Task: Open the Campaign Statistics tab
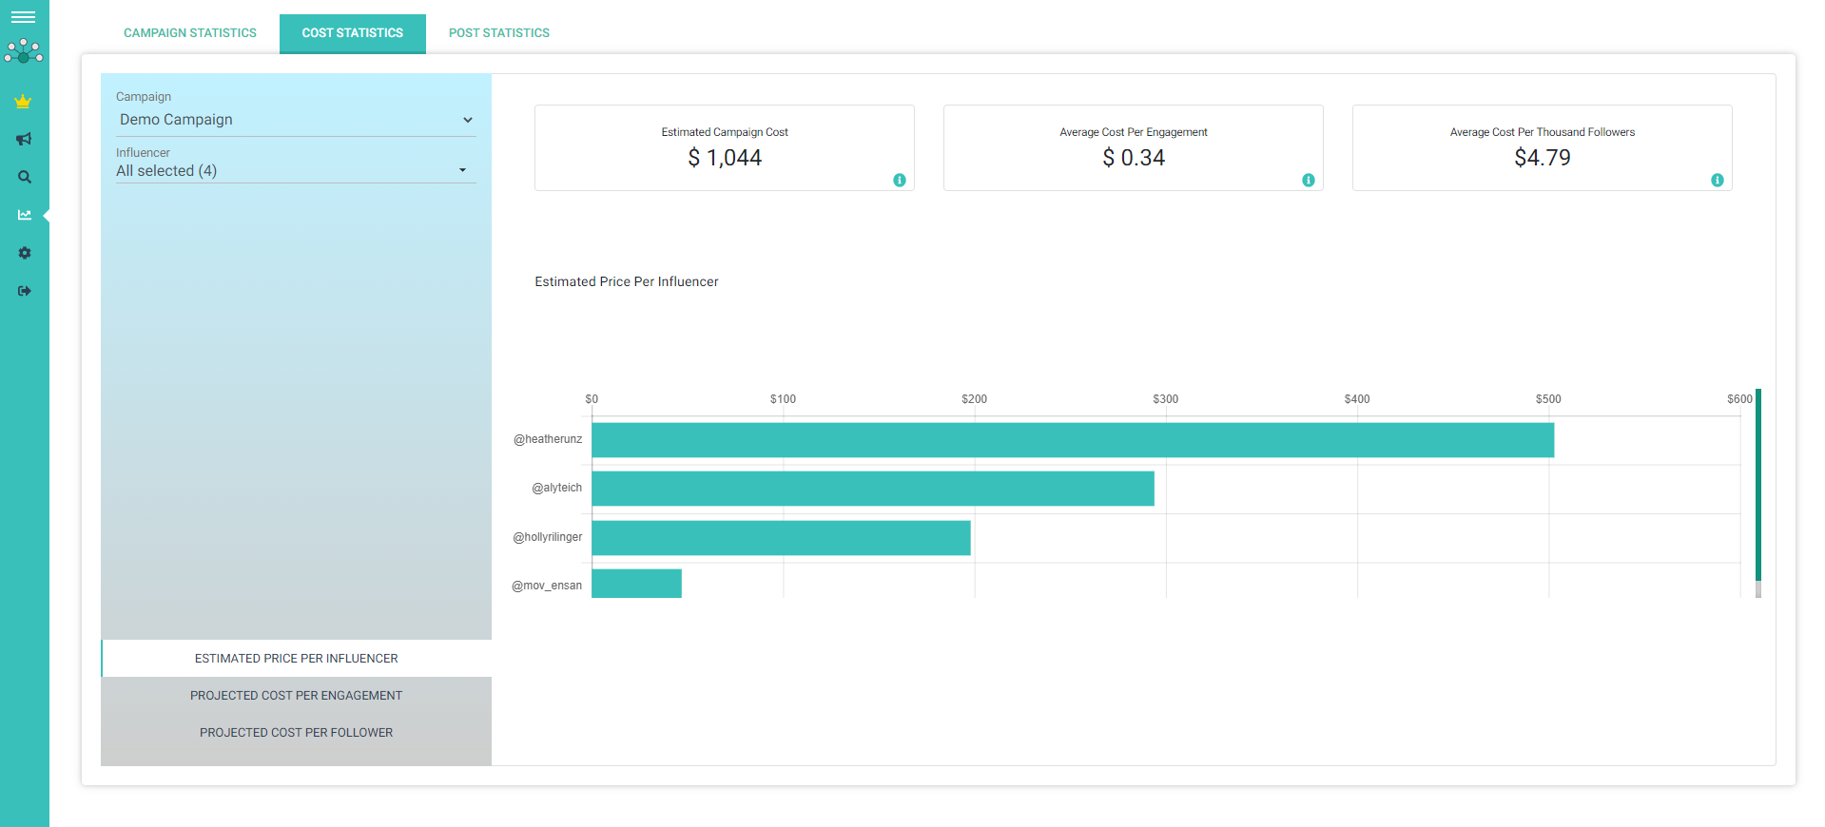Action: tap(190, 33)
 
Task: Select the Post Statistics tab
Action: tap(499, 33)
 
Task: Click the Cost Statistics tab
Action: tap(353, 33)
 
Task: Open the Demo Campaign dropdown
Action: tap(296, 120)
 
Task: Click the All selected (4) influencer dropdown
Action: tap(296, 171)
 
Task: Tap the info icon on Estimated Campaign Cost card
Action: tap(900, 181)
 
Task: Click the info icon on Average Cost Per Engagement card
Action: tap(1309, 181)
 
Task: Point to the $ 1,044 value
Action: tap(725, 158)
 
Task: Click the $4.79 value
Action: tap(1543, 158)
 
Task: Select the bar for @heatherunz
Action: tap(1073, 440)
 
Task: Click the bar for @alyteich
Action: tap(873, 489)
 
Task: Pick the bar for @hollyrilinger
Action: tap(781, 538)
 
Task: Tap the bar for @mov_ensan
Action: tap(636, 584)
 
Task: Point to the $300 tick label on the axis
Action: tap(1166, 399)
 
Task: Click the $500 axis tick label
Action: tap(1548, 399)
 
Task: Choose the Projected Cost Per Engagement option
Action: tap(296, 696)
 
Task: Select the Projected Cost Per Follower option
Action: tap(296, 733)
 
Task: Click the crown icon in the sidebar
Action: tap(24, 102)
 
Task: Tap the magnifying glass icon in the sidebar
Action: tap(25, 178)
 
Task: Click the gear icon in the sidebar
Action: tap(25, 253)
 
